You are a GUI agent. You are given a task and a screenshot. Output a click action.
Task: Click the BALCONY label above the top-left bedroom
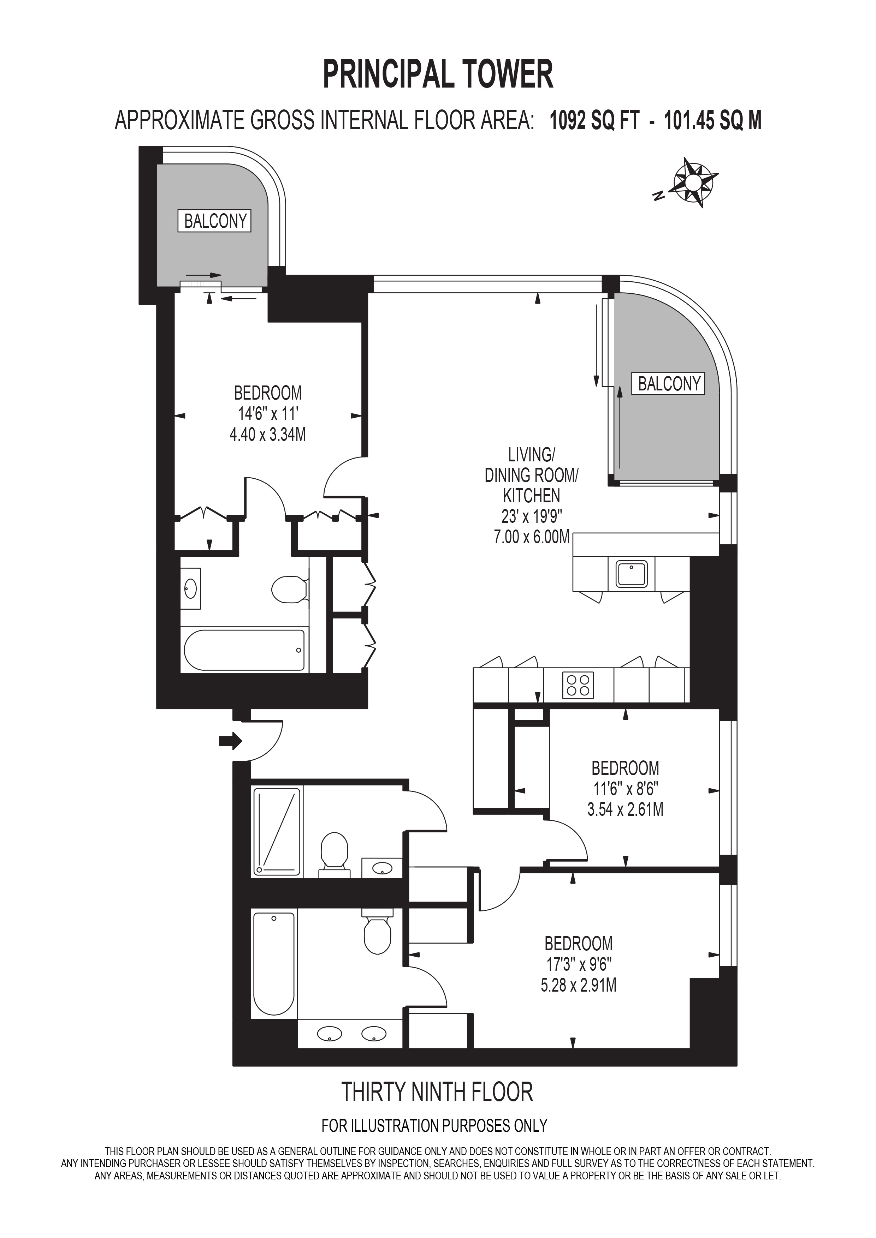(x=215, y=221)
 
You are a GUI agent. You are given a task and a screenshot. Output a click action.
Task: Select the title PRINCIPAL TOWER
(x=438, y=74)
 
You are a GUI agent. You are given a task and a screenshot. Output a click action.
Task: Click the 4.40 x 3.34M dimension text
(x=267, y=435)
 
